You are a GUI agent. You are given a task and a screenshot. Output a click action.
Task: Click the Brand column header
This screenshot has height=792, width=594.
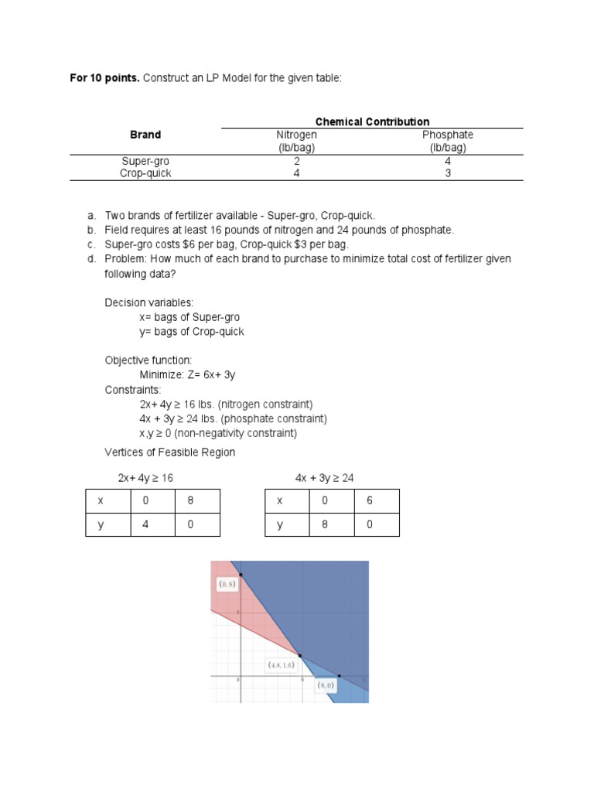point(145,135)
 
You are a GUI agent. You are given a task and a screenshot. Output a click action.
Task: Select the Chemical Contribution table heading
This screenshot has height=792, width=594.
point(372,121)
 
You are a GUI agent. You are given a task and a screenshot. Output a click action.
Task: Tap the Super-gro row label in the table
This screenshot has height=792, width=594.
point(145,162)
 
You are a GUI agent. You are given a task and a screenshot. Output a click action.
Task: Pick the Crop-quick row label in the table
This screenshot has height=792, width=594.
point(145,173)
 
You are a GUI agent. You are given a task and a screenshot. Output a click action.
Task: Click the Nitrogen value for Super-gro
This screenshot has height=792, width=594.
point(297,162)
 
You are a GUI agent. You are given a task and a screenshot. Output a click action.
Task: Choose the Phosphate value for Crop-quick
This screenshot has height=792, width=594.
point(448,173)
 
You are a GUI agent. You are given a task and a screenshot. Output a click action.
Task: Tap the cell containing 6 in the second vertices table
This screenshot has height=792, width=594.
point(377,500)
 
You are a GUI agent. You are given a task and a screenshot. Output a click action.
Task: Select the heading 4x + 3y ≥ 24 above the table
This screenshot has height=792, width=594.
point(324,478)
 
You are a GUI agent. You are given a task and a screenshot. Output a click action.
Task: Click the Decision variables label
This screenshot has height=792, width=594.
point(149,302)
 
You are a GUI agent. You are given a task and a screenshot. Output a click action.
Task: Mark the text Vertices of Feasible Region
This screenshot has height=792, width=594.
point(169,452)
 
